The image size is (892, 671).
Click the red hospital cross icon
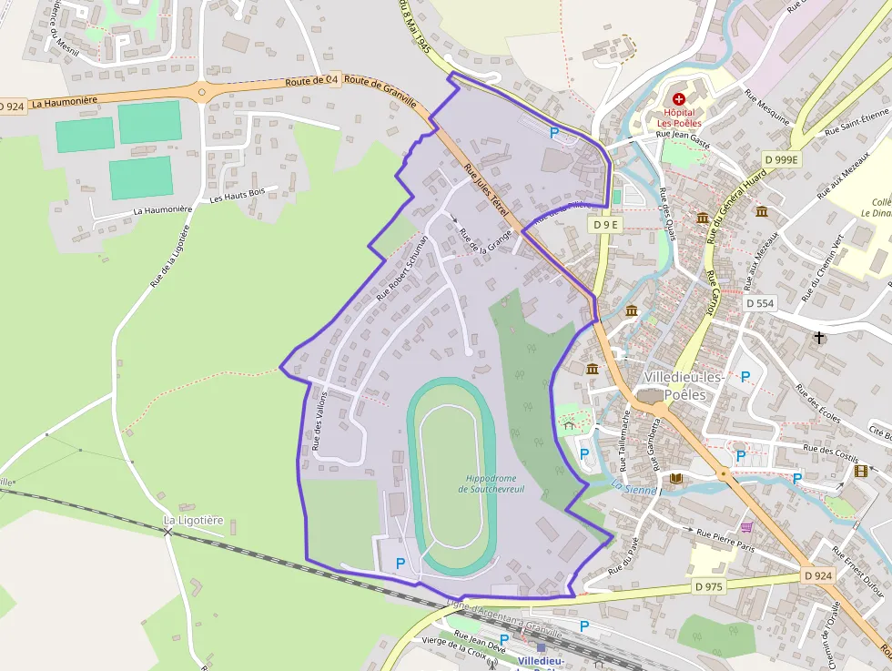(x=678, y=98)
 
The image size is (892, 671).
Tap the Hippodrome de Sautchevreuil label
(x=491, y=483)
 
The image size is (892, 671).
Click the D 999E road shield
(x=781, y=159)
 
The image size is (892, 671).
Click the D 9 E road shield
(x=604, y=224)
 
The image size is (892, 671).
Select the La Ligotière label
(x=193, y=520)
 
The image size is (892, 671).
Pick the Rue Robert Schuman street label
(x=400, y=274)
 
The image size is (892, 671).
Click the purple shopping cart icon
(x=747, y=527)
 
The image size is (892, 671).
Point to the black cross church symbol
(x=819, y=338)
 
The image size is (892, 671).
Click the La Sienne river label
(x=634, y=489)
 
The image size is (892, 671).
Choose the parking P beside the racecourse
(x=400, y=564)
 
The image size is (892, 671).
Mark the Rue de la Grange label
(x=485, y=239)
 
